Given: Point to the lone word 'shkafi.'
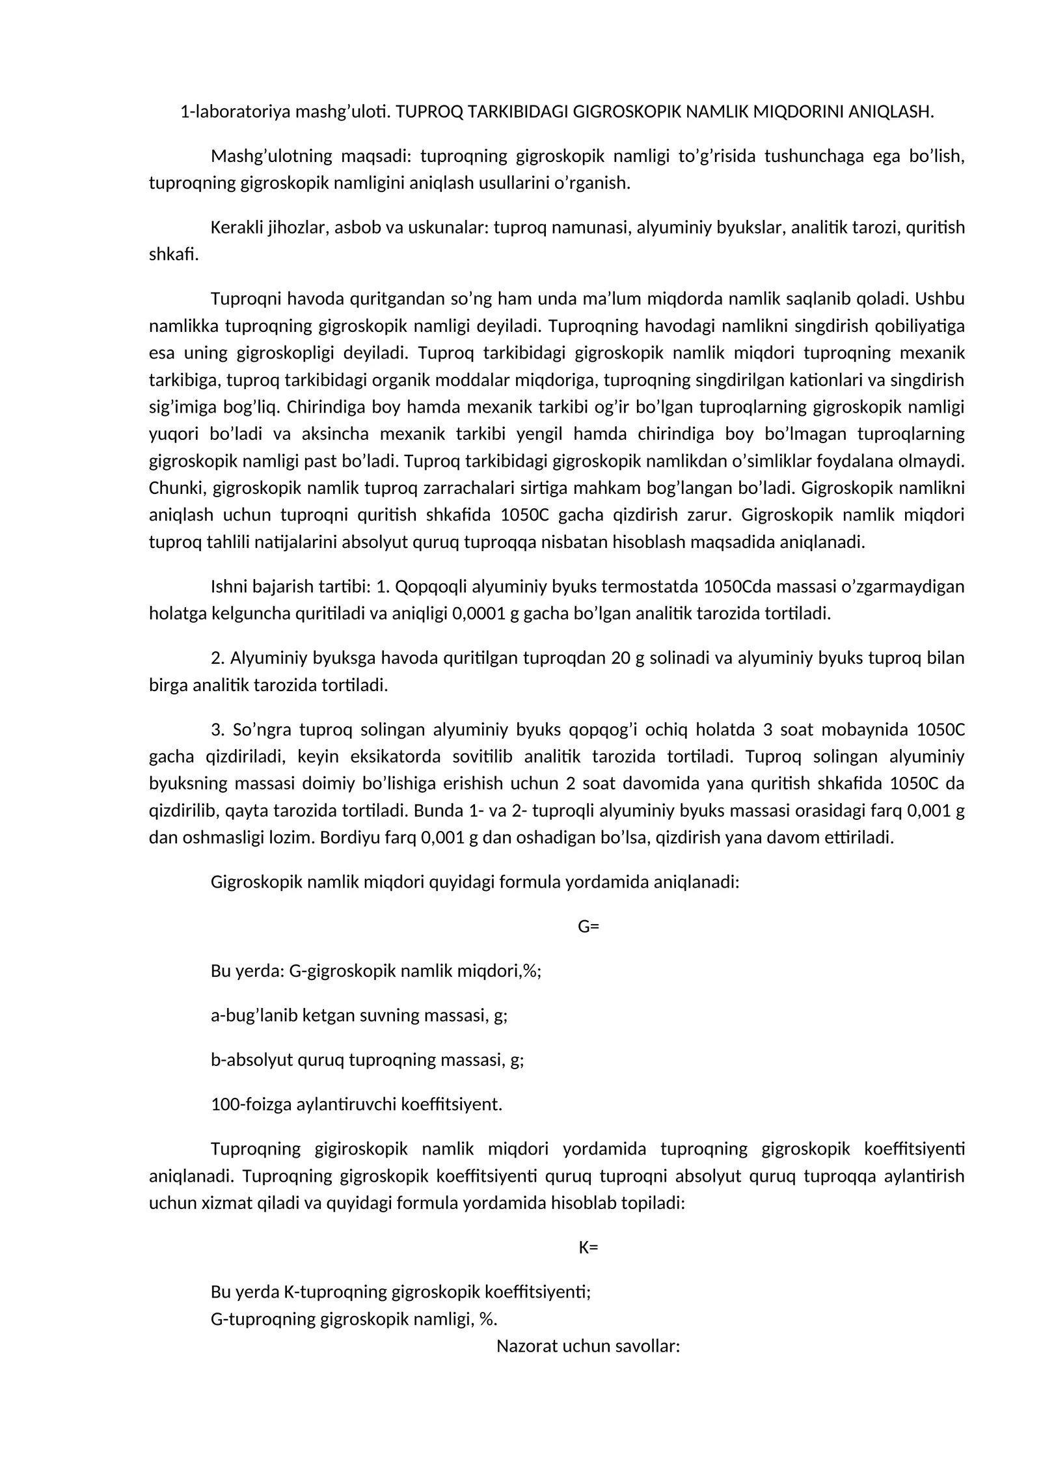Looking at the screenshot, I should pos(174,254).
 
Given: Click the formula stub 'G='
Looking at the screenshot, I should pos(588,927).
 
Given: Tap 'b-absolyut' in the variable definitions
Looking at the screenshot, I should pos(251,1060).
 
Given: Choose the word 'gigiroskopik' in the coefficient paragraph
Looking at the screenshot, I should pos(360,1149).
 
